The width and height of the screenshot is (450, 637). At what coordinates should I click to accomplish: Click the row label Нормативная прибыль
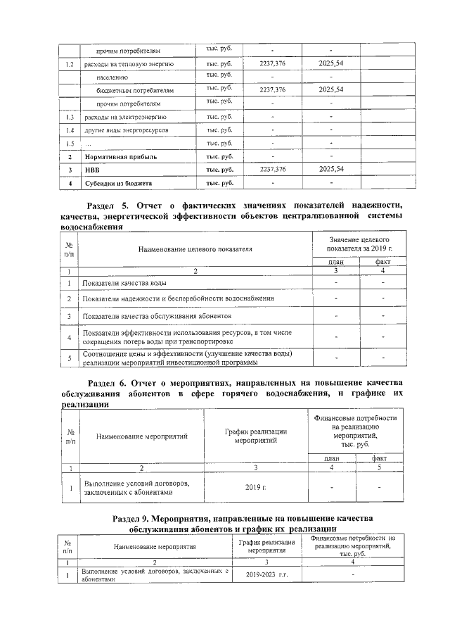coord(120,157)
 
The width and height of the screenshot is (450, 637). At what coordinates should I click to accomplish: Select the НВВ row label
coord(93,170)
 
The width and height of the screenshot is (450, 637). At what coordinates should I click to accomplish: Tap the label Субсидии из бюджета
coord(119,184)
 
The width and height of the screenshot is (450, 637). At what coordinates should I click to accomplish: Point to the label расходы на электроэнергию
coord(125,117)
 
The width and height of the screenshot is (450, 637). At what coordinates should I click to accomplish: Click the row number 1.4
coord(69,130)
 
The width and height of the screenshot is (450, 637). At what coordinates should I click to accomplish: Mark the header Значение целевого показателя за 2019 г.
coord(359,244)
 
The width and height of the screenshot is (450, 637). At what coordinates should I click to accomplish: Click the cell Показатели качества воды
coord(124,283)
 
